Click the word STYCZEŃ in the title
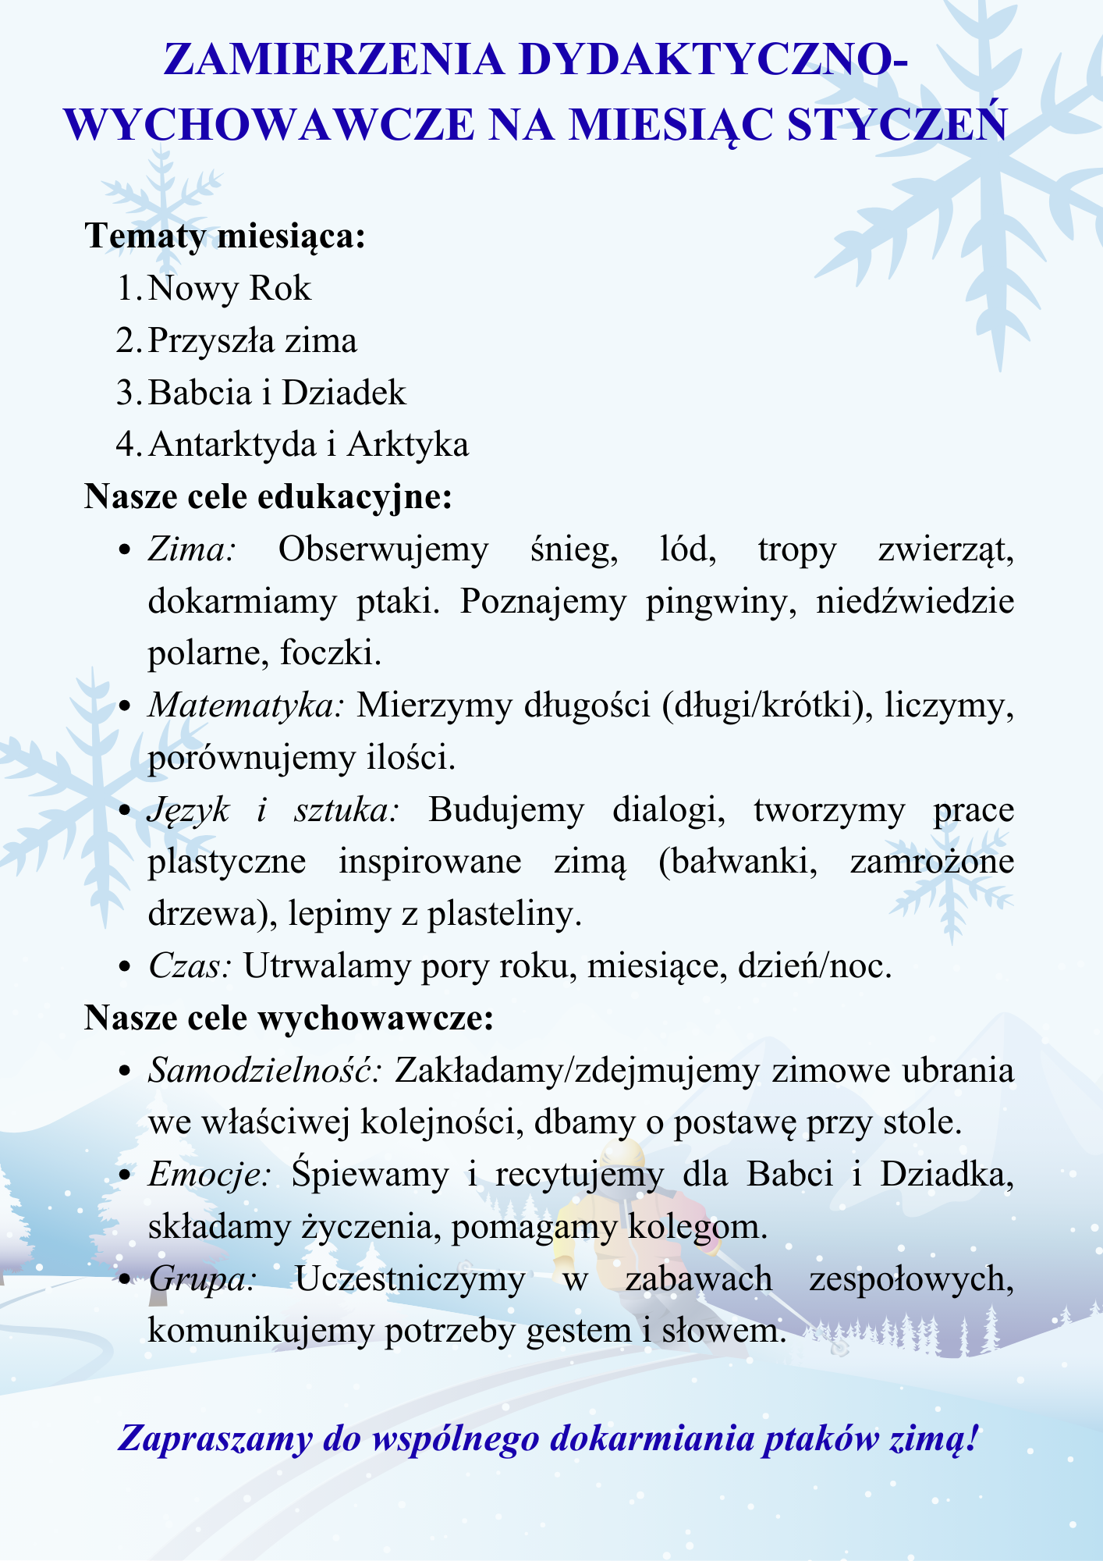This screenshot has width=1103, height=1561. (896, 125)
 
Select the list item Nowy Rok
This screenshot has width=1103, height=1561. (229, 288)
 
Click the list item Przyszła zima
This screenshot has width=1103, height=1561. (252, 340)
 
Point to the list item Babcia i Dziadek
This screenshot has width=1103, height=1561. (277, 392)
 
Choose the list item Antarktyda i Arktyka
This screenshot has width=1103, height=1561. (308, 444)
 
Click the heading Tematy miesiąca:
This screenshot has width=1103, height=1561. (225, 236)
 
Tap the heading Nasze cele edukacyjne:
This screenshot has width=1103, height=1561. (268, 496)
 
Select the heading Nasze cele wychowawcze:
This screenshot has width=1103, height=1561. (289, 1018)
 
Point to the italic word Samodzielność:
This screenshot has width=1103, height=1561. (264, 1070)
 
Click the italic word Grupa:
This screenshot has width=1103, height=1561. (201, 1278)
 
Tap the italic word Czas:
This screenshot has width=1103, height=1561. (190, 966)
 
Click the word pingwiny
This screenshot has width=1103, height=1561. (721, 602)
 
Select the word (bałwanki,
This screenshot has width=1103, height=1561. (737, 862)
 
